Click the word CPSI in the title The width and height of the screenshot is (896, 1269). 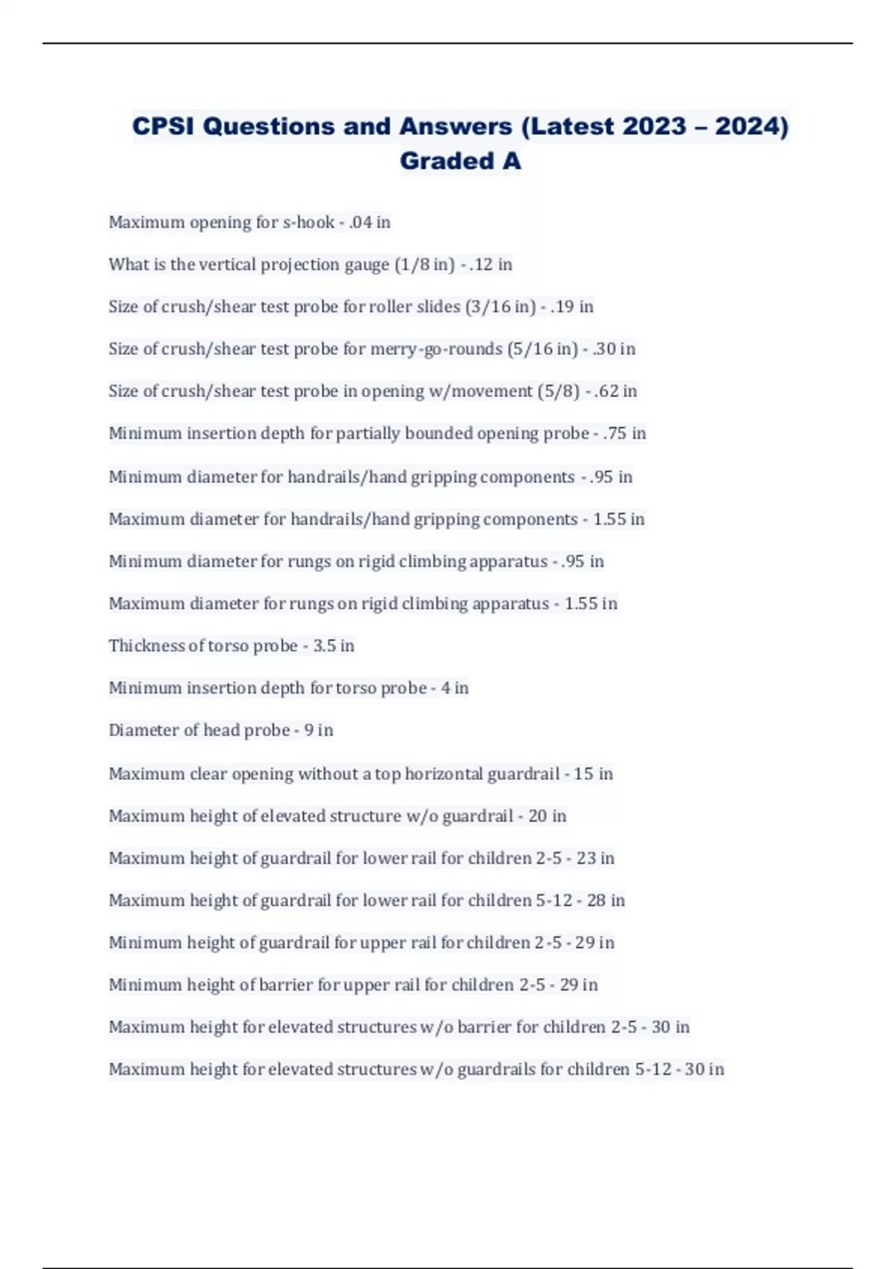pyautogui.click(x=164, y=126)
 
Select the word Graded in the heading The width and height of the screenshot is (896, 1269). pyautogui.click(x=436, y=160)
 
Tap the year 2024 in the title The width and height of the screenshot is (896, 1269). pyautogui.click(x=751, y=126)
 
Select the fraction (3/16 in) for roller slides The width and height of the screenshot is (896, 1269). pyautogui.click(x=500, y=307)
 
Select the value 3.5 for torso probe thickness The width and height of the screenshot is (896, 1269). pyautogui.click(x=324, y=646)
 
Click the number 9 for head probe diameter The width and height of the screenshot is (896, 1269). pyautogui.click(x=308, y=730)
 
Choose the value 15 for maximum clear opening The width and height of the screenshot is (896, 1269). pyautogui.click(x=583, y=774)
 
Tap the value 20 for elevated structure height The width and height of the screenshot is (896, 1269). pyautogui.click(x=538, y=816)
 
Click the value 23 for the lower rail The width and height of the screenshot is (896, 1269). pyautogui.click(x=585, y=858)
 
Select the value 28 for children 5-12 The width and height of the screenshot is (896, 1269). pyautogui.click(x=596, y=900)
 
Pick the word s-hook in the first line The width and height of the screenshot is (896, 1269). pyautogui.click(x=308, y=222)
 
